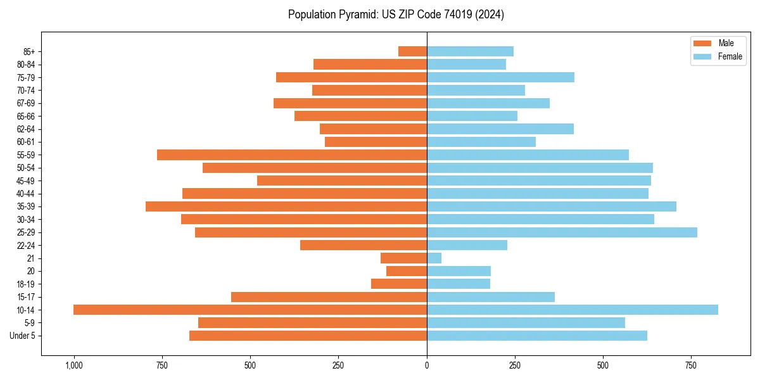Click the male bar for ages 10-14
[250, 310]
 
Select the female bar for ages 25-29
[562, 232]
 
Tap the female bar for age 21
[434, 258]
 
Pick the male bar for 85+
[413, 51]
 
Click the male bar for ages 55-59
[292, 155]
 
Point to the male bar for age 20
[407, 271]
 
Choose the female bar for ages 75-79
[500, 77]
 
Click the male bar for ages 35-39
[286, 206]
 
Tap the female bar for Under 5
[537, 336]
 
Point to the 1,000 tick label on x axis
[74, 365]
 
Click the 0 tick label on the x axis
[427, 365]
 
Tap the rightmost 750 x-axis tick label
[691, 365]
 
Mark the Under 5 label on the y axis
[22, 336]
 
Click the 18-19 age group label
[26, 284]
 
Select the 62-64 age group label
[26, 129]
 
